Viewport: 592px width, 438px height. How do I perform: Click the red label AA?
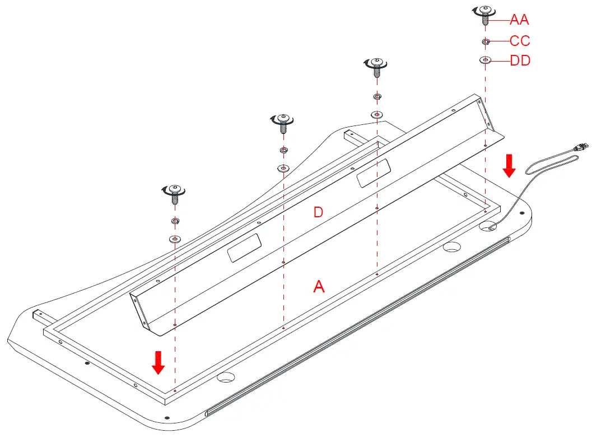(519, 20)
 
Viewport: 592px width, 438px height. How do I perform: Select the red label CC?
(520, 41)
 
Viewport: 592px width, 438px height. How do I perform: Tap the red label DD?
(520, 60)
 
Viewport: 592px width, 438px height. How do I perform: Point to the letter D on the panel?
(318, 213)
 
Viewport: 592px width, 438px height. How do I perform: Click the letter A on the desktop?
(318, 287)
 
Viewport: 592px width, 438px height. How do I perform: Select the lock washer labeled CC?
(486, 41)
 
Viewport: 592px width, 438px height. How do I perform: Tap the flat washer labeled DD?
(486, 60)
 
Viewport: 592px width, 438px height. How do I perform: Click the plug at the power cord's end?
(580, 147)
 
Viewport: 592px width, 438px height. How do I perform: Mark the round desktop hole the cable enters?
(488, 226)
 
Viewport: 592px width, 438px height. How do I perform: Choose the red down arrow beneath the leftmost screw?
(159, 362)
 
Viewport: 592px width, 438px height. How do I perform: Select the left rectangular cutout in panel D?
(244, 248)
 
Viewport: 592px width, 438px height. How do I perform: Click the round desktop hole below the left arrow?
(225, 377)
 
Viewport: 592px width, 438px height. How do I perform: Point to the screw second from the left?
(283, 120)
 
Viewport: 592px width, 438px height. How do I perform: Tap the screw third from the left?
(377, 65)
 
